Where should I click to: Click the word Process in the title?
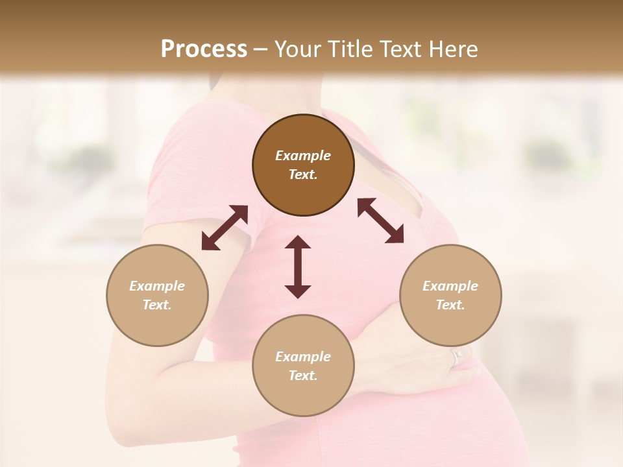204,49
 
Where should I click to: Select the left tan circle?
157,295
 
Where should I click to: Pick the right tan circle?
450,295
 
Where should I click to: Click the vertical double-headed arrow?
298,267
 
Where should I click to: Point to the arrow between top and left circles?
225,227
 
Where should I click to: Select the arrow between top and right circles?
381,221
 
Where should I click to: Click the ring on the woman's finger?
456,357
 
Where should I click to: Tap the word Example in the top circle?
303,156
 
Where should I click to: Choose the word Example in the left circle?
157,286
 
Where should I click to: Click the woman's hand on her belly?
415,363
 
